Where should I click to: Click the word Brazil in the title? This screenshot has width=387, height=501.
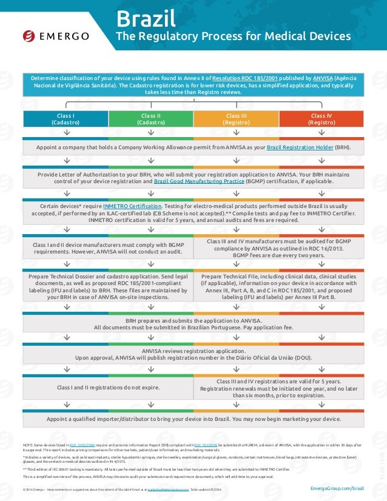(x=143, y=16)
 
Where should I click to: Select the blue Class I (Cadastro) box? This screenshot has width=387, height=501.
(x=66, y=118)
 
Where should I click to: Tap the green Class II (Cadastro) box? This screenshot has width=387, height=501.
(x=150, y=118)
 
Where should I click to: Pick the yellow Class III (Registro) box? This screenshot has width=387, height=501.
(x=236, y=118)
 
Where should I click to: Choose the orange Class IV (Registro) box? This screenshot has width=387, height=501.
(x=321, y=118)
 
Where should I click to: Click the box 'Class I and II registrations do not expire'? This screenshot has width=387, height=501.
(x=108, y=387)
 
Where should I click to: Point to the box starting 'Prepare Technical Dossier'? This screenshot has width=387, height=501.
(x=109, y=287)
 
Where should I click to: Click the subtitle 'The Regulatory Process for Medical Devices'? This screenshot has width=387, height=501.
(x=234, y=36)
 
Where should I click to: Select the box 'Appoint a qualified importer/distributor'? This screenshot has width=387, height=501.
(x=193, y=419)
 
